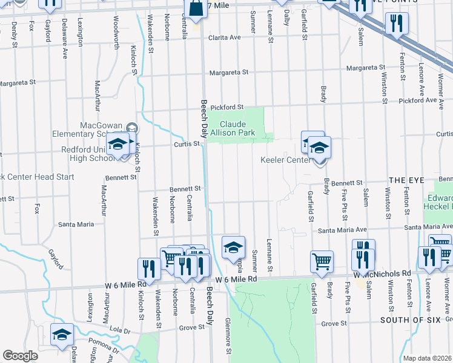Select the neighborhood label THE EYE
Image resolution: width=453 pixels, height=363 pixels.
point(406,180)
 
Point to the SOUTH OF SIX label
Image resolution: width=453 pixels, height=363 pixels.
point(409,319)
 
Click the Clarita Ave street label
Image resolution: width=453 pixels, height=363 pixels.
point(225,38)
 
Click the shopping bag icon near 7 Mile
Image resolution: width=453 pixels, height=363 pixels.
point(197,10)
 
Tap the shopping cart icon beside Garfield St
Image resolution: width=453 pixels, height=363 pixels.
point(322,261)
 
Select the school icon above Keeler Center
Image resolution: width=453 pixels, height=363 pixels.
point(319,148)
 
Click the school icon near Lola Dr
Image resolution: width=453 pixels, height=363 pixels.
point(62,335)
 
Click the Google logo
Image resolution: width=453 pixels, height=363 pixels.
point(20,356)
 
